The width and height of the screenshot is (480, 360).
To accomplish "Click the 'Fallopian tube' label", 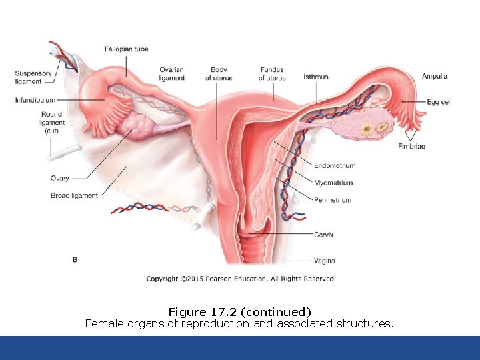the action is pyautogui.click(x=126, y=49).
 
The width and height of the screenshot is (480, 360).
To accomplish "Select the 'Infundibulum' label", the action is pyautogui.click(x=35, y=101).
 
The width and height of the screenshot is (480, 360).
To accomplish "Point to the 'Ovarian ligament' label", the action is pyautogui.click(x=171, y=74).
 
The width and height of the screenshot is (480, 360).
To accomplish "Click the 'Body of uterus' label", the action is pyautogui.click(x=219, y=74).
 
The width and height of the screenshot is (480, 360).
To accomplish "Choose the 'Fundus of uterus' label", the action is pyautogui.click(x=272, y=74).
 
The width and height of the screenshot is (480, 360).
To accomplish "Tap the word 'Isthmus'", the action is pyautogui.click(x=316, y=77).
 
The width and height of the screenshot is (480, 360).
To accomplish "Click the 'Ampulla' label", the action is pyautogui.click(x=435, y=77).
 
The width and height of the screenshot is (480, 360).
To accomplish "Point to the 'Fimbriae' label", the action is pyautogui.click(x=411, y=147).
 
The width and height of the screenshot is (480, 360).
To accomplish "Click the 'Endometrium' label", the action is pyautogui.click(x=334, y=165).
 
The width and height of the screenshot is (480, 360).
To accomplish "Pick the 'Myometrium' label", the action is pyautogui.click(x=333, y=183).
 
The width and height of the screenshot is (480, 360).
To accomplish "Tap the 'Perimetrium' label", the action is pyautogui.click(x=333, y=200).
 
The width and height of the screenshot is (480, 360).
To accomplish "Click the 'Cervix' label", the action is pyautogui.click(x=324, y=235).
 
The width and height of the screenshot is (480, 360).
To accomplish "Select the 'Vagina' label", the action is pyautogui.click(x=324, y=260).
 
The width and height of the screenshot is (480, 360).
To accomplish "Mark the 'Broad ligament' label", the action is pyautogui.click(x=75, y=195).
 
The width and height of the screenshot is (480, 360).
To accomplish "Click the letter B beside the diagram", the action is pyautogui.click(x=75, y=259).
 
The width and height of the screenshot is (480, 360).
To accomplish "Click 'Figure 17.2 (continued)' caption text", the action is pyautogui.click(x=240, y=312).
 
